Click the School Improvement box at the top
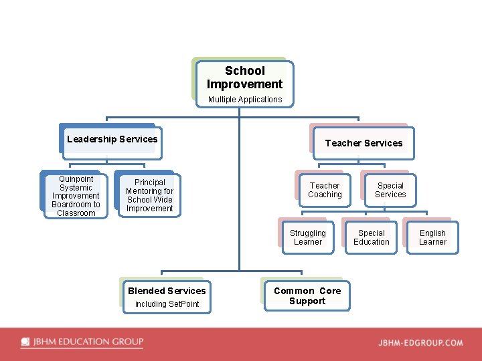(244, 78)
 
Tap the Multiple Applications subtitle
(245, 100)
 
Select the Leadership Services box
(112, 140)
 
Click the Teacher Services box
(364, 143)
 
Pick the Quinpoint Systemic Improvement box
(76, 196)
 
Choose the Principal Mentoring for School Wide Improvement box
(149, 195)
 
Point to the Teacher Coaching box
(325, 191)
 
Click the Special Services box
(390, 191)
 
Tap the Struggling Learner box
(308, 238)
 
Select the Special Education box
(372, 238)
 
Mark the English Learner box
(432, 238)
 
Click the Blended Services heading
(167, 291)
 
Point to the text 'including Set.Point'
(167, 304)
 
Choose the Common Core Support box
(307, 296)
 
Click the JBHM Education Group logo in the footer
(82, 342)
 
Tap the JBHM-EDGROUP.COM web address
(420, 343)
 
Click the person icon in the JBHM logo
(25, 342)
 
